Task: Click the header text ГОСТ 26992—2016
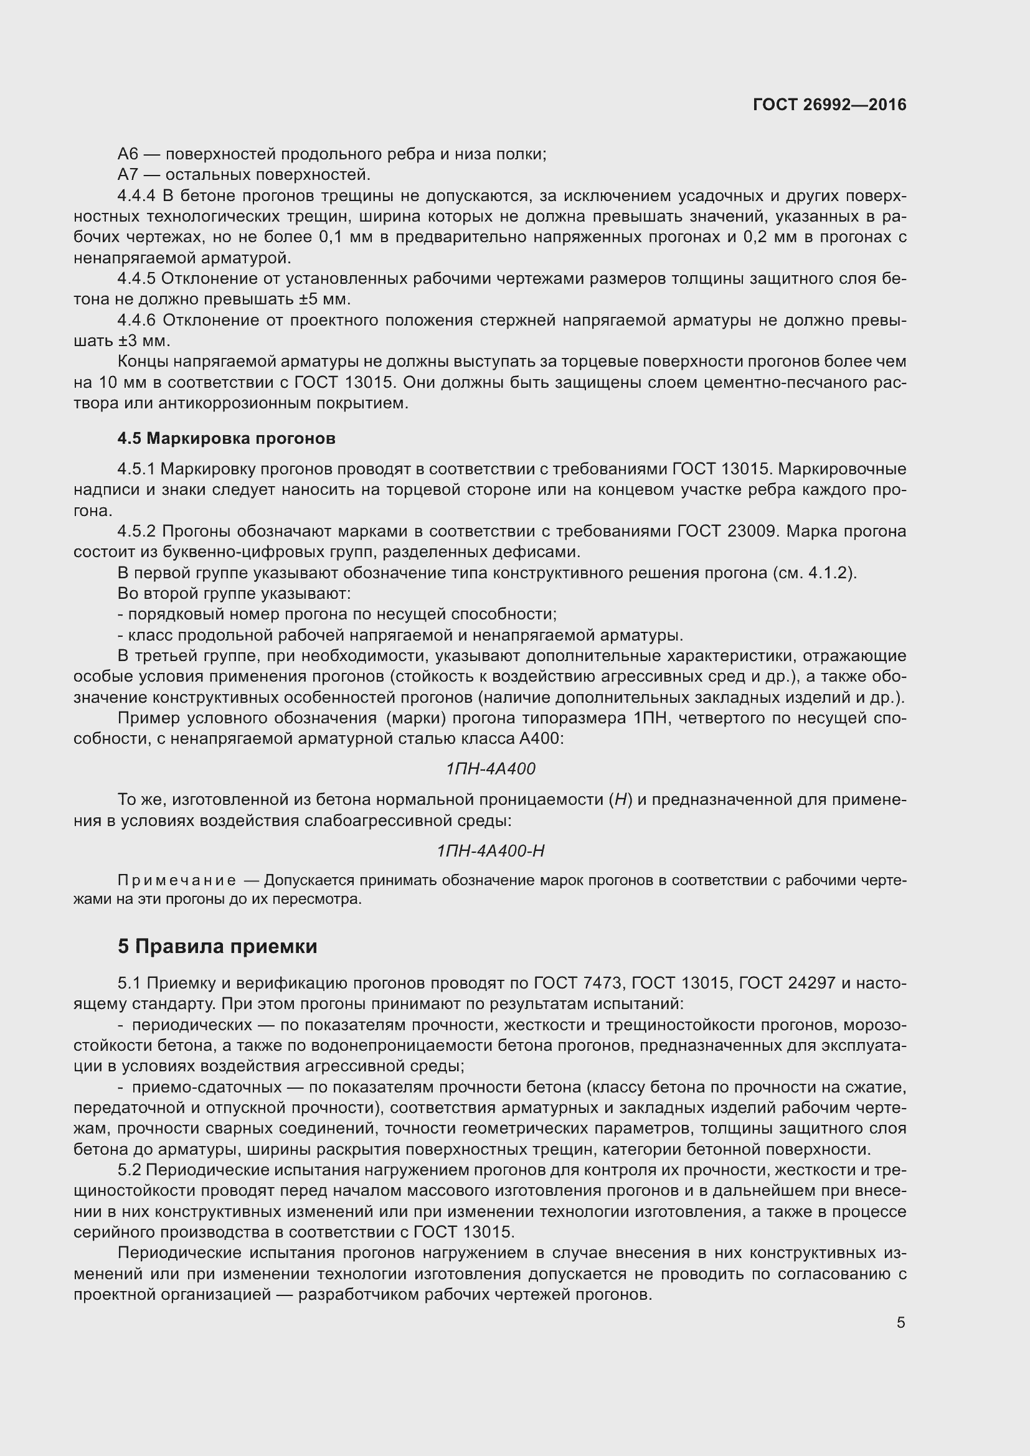point(829,105)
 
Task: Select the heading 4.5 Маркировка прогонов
point(227,438)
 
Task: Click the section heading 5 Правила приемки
point(217,947)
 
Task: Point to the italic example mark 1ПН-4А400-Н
point(490,850)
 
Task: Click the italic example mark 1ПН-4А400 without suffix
point(490,769)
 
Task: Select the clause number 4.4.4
point(136,195)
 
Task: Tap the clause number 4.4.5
point(136,278)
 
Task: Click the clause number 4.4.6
point(136,320)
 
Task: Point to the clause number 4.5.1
point(136,469)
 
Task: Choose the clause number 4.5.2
point(136,531)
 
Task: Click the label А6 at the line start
point(128,154)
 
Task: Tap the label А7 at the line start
point(128,174)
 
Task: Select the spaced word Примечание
point(177,880)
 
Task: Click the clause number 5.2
point(132,1170)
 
